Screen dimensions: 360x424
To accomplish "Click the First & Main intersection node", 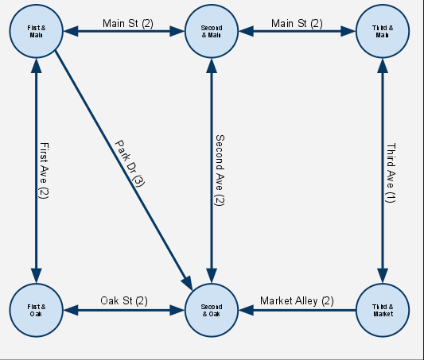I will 35,32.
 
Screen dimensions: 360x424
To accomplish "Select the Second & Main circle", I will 211,32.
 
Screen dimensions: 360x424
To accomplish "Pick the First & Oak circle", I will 35,310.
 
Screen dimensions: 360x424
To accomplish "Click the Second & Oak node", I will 211,310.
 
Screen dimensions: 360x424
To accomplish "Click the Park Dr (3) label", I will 129,164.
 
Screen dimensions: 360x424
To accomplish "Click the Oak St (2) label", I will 124,300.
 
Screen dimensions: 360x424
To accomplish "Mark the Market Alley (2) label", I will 298,300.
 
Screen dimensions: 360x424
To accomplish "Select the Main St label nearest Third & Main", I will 297,23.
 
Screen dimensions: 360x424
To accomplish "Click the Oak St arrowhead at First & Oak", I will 69,310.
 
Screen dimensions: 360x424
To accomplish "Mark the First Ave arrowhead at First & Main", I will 35,67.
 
